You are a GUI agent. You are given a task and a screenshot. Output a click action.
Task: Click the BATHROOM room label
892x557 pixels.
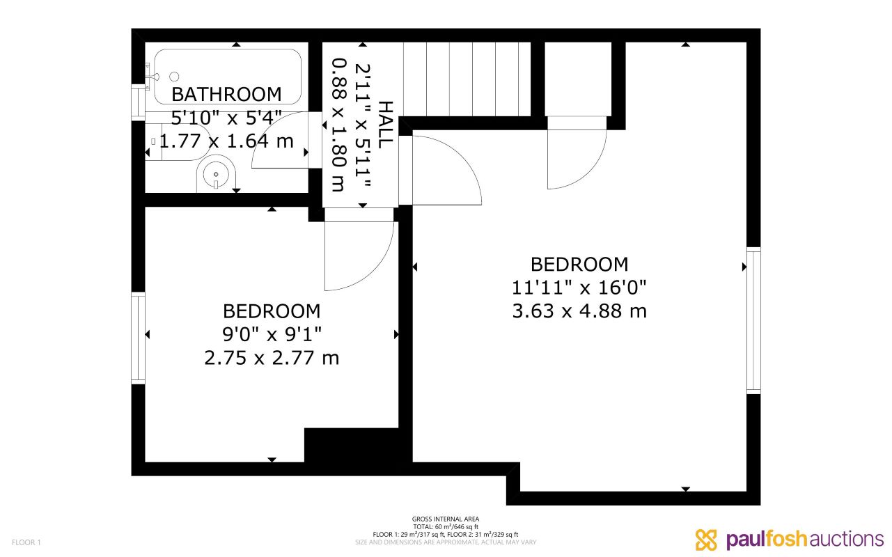coord(226,94)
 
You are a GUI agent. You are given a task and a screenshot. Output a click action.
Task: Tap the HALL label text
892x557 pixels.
coord(385,124)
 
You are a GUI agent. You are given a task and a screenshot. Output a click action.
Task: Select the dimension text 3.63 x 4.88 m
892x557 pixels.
coord(579,311)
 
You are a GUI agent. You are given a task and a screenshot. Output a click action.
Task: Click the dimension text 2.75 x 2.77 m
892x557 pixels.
coord(272,358)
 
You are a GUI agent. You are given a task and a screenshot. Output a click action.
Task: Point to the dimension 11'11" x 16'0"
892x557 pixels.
coord(579,288)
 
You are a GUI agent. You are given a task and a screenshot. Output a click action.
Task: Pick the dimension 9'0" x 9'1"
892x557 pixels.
coord(272,334)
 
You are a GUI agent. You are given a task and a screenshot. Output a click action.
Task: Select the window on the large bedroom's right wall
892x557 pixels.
coord(753,320)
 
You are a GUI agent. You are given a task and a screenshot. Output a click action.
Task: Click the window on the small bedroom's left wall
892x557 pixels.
coord(139,338)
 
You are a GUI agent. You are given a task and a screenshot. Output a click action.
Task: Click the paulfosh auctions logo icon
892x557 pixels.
coord(706,540)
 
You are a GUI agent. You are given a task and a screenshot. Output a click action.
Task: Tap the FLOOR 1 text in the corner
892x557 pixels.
coord(27,542)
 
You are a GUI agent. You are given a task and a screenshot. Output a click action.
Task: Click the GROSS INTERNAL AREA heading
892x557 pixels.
coord(446,519)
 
